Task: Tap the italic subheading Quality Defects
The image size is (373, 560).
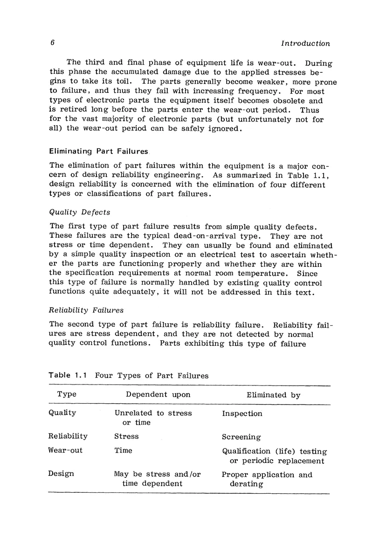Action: coord(79,212)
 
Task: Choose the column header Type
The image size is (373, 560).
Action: coord(67,394)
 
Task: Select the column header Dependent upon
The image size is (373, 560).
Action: coord(158,394)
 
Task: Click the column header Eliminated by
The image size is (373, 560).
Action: coord(273,395)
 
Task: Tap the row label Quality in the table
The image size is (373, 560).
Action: coord(62,413)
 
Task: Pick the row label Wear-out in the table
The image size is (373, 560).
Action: coord(65,450)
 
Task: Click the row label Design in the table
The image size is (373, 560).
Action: coord(61,474)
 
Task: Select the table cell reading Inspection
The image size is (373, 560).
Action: coord(242,413)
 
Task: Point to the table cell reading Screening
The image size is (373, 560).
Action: coord(242,437)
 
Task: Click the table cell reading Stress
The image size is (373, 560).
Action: coord(126,436)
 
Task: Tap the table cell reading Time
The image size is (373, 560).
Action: coord(123,450)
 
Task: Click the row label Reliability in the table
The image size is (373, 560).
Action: coord(68,436)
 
